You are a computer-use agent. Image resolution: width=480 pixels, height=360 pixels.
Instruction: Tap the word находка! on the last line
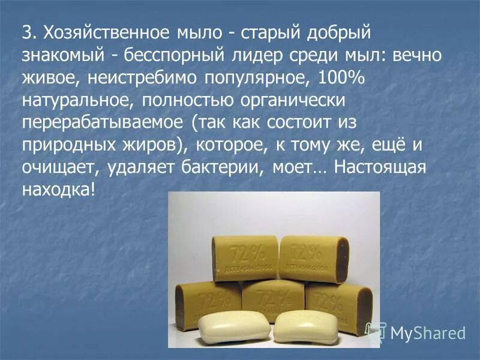[59, 191]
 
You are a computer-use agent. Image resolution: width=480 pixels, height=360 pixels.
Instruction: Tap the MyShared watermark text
[427, 332]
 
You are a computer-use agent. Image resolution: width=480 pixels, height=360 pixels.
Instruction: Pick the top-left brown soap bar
[244, 259]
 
